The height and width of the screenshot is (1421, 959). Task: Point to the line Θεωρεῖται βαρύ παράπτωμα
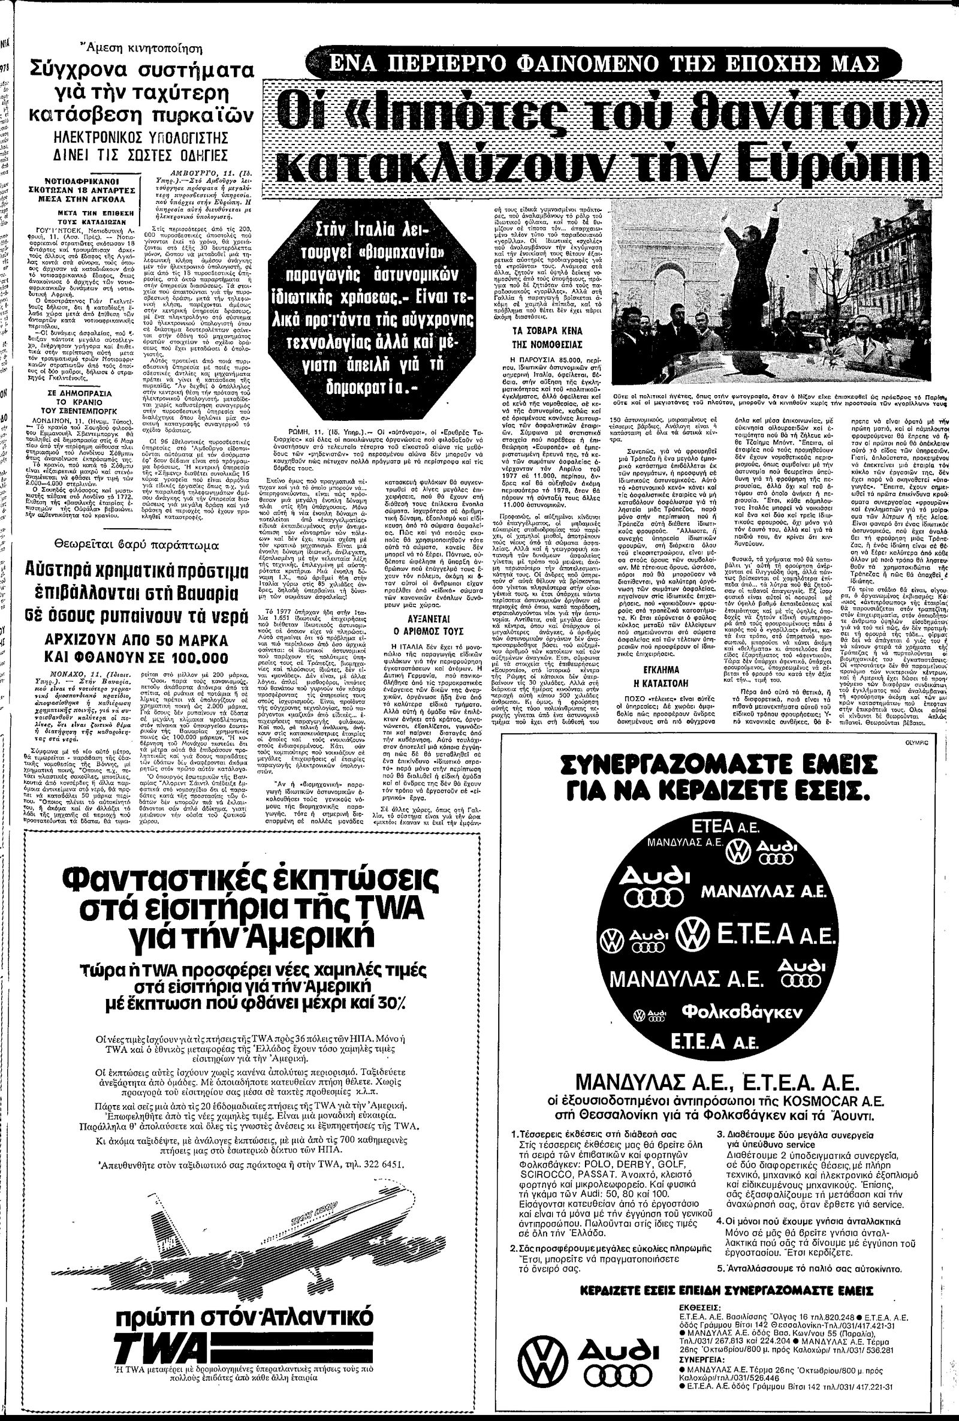coord(120,544)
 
